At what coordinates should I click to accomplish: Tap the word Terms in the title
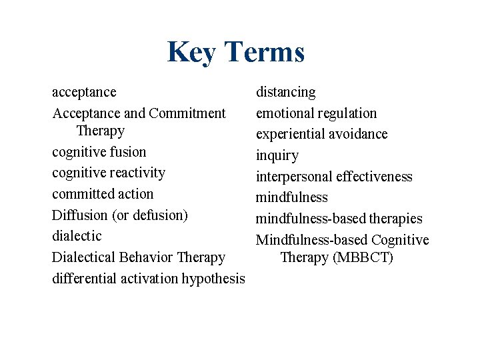265,52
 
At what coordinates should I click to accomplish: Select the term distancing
286,92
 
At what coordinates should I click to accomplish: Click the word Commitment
187,113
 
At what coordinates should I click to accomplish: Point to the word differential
84,279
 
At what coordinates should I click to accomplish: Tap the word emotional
285,113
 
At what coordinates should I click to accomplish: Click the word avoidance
359,134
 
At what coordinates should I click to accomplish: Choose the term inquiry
277,156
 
